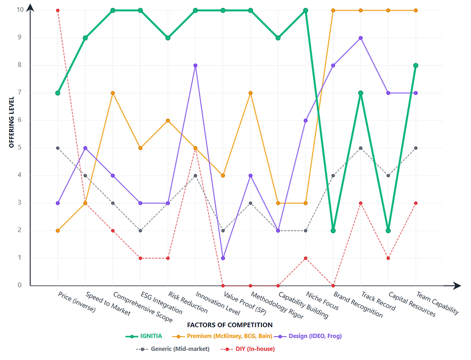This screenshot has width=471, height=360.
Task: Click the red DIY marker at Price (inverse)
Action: [58, 10]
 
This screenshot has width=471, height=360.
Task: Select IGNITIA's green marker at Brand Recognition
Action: [333, 231]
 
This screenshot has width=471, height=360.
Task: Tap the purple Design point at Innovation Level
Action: [195, 66]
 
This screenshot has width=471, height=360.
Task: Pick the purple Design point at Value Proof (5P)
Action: [223, 258]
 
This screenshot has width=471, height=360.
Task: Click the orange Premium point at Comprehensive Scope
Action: [113, 93]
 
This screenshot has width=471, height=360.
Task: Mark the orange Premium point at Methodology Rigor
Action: [251, 93]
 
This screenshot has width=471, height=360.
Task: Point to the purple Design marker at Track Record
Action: [361, 38]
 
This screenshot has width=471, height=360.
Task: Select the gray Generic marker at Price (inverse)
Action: [58, 148]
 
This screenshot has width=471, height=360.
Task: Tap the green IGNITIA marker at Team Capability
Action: [416, 66]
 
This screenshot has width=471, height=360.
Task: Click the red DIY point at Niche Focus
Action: [306, 258]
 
